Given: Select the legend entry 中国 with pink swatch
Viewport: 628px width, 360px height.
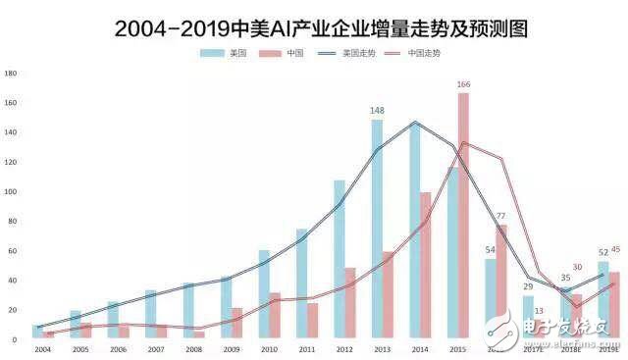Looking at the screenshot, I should tap(285, 54).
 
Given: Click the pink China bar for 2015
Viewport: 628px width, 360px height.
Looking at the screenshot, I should tap(463, 216).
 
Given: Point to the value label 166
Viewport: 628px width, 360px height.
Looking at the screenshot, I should tap(464, 84).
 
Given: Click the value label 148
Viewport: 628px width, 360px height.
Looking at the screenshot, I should tap(377, 111).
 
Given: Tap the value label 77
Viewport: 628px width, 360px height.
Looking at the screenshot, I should tap(500, 216).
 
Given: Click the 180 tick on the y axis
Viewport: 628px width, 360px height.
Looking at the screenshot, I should tap(11, 73).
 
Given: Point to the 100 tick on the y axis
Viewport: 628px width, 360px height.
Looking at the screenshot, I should tap(11, 191).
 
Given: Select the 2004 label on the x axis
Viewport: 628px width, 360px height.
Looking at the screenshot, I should tap(43, 348).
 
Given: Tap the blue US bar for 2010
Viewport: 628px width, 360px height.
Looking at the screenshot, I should tap(264, 294).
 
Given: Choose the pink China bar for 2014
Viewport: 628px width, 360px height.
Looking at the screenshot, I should tap(426, 265).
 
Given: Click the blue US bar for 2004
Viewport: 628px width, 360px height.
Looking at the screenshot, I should tap(38, 332).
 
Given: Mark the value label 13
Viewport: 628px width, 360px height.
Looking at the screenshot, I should tap(539, 311).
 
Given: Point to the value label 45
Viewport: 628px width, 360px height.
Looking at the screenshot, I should tap(616, 249).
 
